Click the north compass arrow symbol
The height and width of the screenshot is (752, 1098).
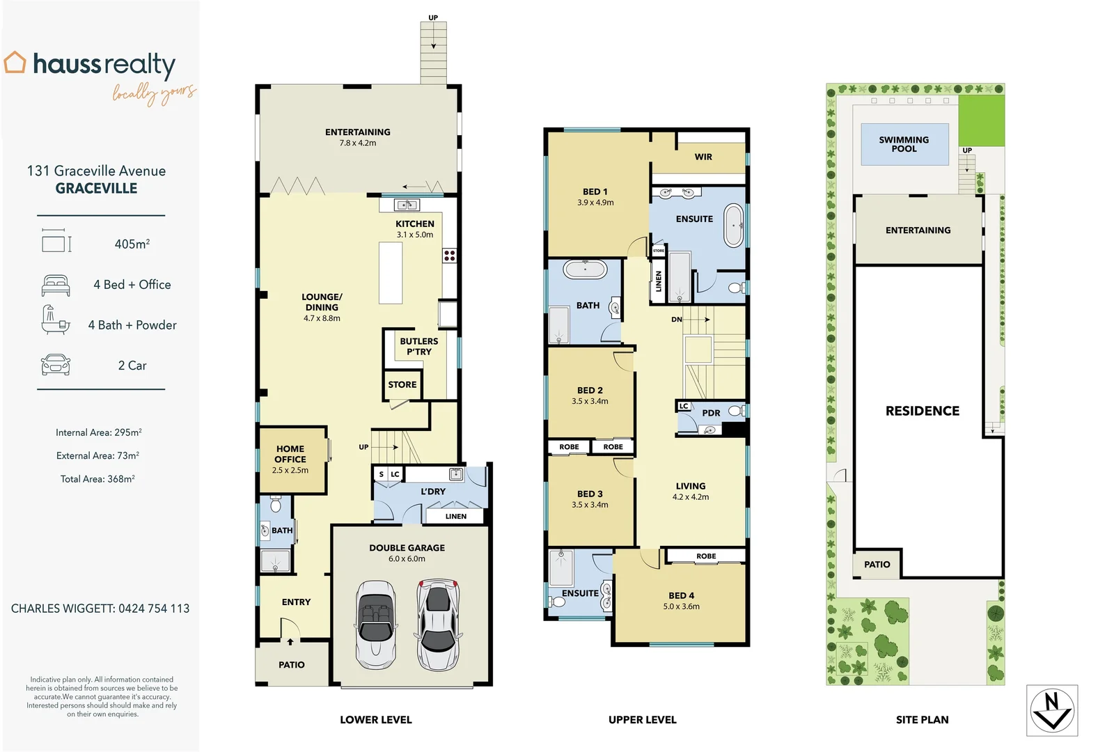[1052, 710]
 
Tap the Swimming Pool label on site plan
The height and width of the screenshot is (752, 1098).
[904, 144]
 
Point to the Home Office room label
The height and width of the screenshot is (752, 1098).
[290, 454]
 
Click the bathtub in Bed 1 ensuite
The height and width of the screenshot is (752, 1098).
[733, 226]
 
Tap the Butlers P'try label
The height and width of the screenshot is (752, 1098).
[419, 346]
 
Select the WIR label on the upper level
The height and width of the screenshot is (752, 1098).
[703, 157]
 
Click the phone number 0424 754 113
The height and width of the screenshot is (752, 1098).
[154, 609]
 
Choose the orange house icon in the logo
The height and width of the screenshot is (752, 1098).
[15, 63]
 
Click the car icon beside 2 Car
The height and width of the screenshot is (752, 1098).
[56, 366]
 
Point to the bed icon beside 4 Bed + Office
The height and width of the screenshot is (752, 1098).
[56, 285]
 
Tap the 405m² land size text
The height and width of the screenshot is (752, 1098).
[132, 244]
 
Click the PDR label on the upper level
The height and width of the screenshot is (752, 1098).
[711, 413]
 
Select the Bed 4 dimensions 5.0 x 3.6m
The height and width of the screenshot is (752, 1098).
[681, 606]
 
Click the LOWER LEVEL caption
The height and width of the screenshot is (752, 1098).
[375, 720]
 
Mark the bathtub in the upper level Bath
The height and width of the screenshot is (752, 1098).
[585, 269]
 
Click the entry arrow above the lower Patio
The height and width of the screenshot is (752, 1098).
[290, 641]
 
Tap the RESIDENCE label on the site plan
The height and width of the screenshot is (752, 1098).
[922, 411]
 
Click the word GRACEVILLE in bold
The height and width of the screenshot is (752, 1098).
[96, 189]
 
